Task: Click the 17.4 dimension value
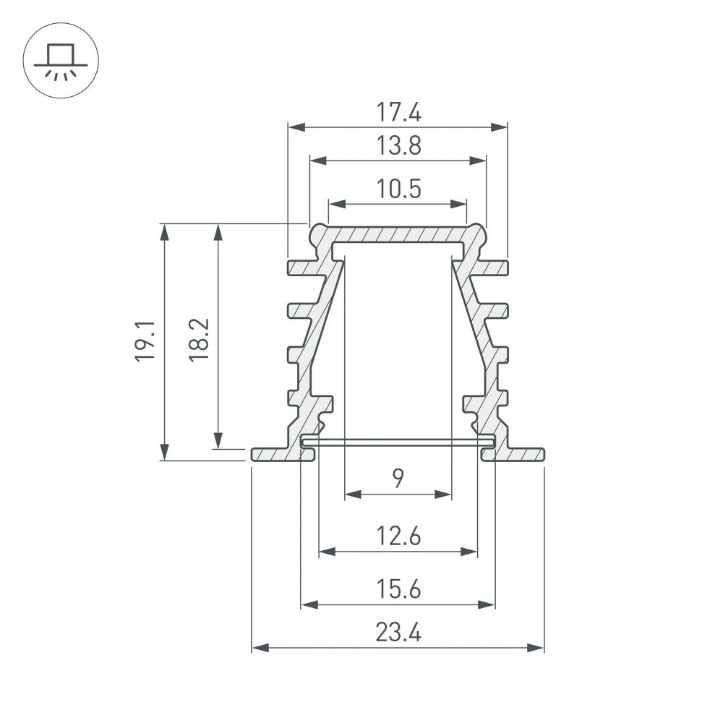398,113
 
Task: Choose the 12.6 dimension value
398,537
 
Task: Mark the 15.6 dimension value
398,590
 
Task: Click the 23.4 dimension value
398,633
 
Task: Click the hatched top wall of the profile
398,235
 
